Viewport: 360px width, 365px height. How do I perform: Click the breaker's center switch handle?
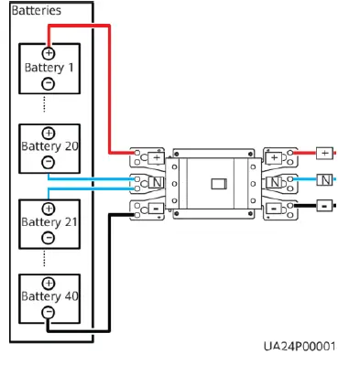coord(218,183)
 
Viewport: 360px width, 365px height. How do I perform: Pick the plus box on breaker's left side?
coord(157,157)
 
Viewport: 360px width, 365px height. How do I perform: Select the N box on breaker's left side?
coord(157,183)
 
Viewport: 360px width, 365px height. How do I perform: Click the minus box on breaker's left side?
coord(157,209)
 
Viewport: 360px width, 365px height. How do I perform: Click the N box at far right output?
coord(323,179)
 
